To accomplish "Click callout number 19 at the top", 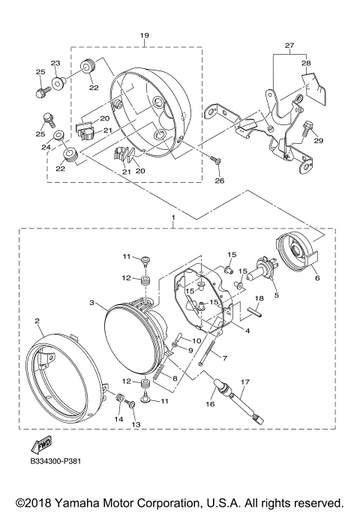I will pyautogui.click(x=145, y=35).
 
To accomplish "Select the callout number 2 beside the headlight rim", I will pyautogui.click(x=37, y=321).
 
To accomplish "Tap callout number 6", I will pyautogui.click(x=316, y=277).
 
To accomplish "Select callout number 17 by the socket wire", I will pyautogui.click(x=244, y=382).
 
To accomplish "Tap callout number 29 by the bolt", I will pyautogui.click(x=317, y=141).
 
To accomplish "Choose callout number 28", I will pyautogui.click(x=306, y=64).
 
